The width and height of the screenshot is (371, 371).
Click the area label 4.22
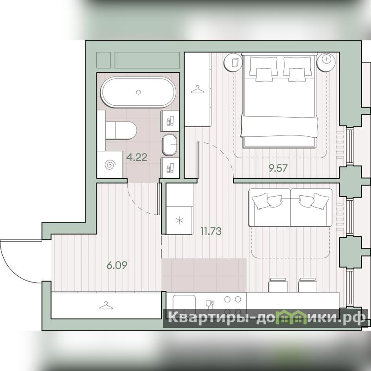(x=137, y=157)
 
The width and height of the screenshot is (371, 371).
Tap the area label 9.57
(x=278, y=168)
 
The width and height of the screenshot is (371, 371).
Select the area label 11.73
(x=211, y=231)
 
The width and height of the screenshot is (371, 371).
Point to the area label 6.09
(x=117, y=265)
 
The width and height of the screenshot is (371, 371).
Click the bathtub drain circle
(x=138, y=92)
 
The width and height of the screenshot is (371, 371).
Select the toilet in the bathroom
(x=121, y=131)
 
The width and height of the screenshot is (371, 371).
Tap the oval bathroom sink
(x=170, y=145)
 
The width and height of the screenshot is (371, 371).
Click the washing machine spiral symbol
(x=110, y=165)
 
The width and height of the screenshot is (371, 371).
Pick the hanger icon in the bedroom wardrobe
(x=198, y=90)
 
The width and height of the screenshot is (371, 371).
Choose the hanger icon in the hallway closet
(x=106, y=306)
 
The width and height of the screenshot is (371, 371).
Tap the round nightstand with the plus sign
(x=326, y=62)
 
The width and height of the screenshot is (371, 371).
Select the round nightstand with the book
(x=233, y=62)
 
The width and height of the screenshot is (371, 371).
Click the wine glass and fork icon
(x=210, y=305)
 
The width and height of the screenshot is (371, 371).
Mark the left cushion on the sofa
(x=260, y=201)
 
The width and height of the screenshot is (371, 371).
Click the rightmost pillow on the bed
(x=297, y=75)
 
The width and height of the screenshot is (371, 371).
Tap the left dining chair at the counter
(x=278, y=285)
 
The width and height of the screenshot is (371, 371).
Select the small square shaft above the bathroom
(x=103, y=60)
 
